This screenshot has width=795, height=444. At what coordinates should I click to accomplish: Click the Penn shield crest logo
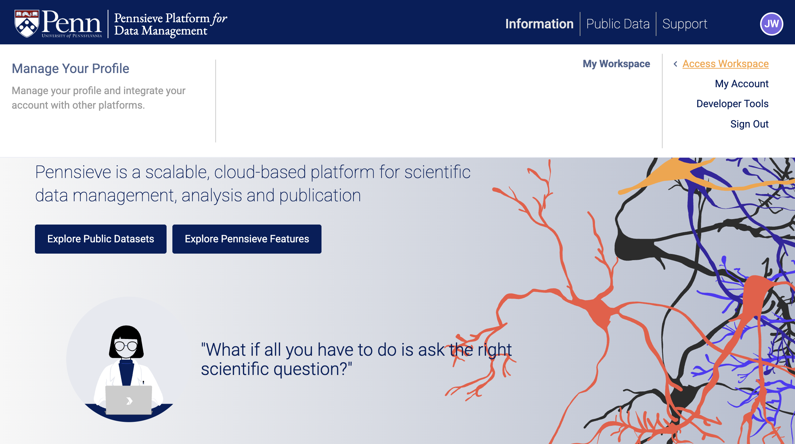(27, 23)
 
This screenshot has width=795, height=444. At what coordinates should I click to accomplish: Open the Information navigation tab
(539, 24)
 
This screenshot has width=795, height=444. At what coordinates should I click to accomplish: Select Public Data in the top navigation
(618, 24)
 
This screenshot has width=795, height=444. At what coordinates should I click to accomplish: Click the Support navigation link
(685, 24)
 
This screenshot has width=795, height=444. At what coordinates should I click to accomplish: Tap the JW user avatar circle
(771, 24)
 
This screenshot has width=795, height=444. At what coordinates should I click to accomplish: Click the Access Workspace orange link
(726, 64)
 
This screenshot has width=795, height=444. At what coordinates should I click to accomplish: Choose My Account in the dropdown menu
(742, 84)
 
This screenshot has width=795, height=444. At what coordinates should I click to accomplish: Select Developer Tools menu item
(732, 104)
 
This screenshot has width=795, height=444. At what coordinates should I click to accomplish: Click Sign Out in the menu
(750, 124)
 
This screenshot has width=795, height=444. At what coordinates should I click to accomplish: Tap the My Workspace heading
(616, 64)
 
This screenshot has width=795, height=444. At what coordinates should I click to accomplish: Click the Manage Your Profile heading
(71, 68)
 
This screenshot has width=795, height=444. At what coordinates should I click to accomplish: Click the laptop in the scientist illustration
(129, 400)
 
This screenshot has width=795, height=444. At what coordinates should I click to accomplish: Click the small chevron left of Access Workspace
(675, 64)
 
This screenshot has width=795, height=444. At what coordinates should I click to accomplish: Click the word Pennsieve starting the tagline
(73, 172)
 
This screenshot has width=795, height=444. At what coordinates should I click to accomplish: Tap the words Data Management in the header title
(161, 31)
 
